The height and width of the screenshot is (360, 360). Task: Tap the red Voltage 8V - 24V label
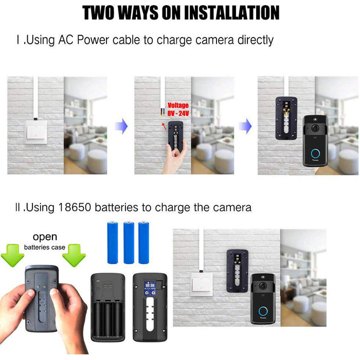tap(178, 109)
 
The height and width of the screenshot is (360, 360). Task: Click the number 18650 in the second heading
tap(75, 207)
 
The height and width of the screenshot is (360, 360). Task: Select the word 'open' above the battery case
tap(45, 237)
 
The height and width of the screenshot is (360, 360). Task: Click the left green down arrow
tap(12, 255)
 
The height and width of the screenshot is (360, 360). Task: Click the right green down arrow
tap(74, 255)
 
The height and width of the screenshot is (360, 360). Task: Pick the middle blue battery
tap(129, 242)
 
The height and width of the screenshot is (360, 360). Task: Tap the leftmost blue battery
tap(113, 242)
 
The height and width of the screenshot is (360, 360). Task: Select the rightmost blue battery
tap(143, 242)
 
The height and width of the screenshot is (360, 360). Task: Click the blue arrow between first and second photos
tap(121, 126)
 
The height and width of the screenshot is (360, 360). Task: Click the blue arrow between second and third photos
tap(245, 126)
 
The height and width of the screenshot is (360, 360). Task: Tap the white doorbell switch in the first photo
tap(36, 132)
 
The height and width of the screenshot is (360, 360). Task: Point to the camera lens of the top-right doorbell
tap(315, 128)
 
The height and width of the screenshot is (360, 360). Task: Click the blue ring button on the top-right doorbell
tap(315, 153)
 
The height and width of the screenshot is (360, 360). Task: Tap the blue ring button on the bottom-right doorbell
tap(263, 311)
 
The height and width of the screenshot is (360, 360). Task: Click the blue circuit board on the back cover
tap(150, 288)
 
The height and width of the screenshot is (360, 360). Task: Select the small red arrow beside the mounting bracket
tap(164, 127)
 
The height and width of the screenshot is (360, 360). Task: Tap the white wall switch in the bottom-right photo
tap(202, 284)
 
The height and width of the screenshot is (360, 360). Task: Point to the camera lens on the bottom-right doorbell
tap(263, 286)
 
